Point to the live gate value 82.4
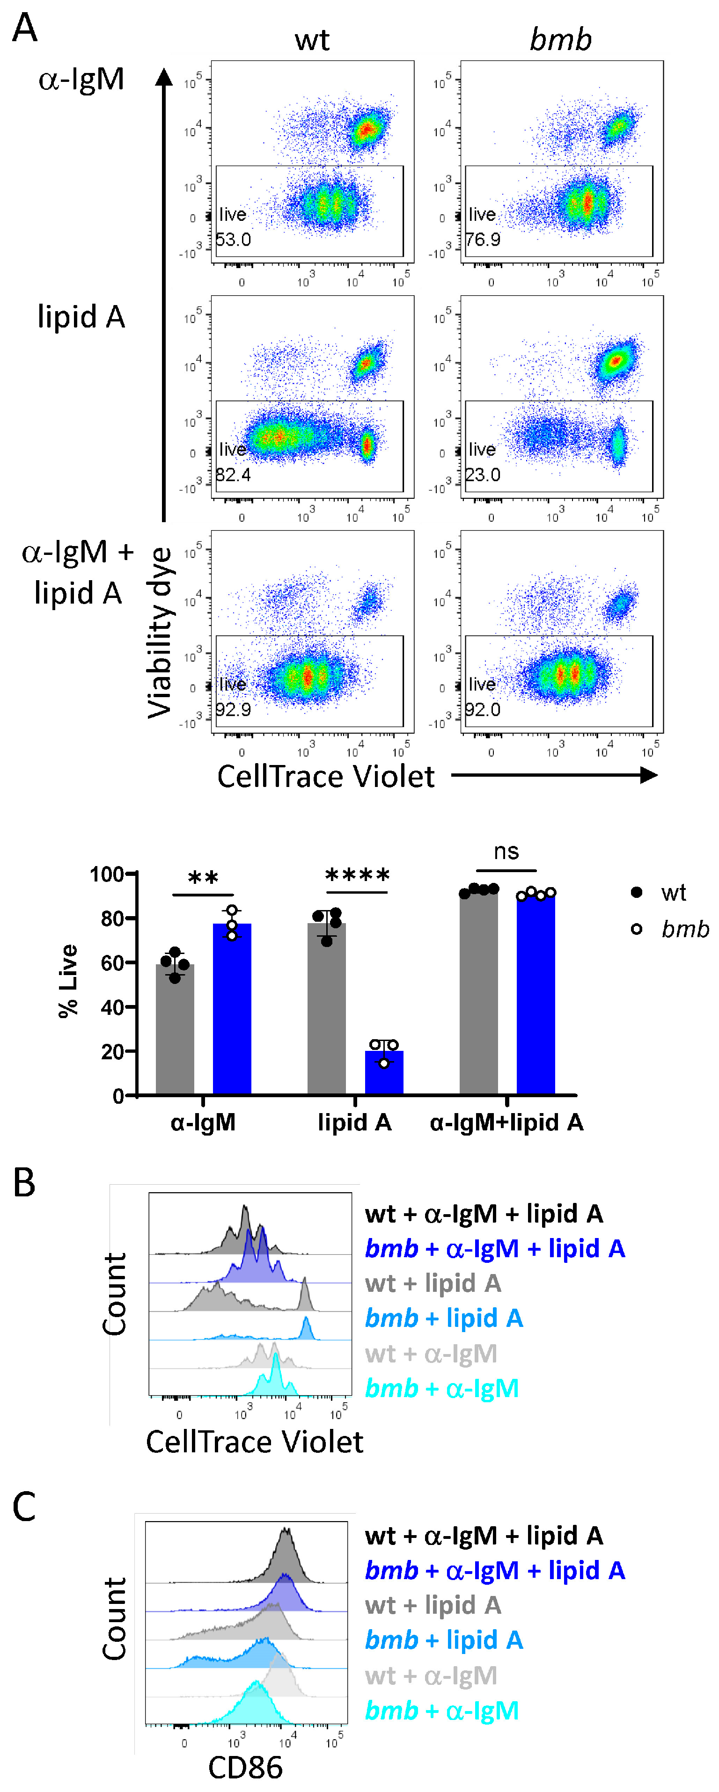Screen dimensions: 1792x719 click(233, 474)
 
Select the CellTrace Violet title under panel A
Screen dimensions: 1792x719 click(326, 776)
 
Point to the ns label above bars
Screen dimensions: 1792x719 click(506, 852)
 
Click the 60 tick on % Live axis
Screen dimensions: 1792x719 click(111, 963)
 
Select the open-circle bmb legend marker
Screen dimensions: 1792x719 click(636, 929)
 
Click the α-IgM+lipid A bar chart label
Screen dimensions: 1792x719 click(506, 1122)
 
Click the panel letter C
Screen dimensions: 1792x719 click(24, 1507)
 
